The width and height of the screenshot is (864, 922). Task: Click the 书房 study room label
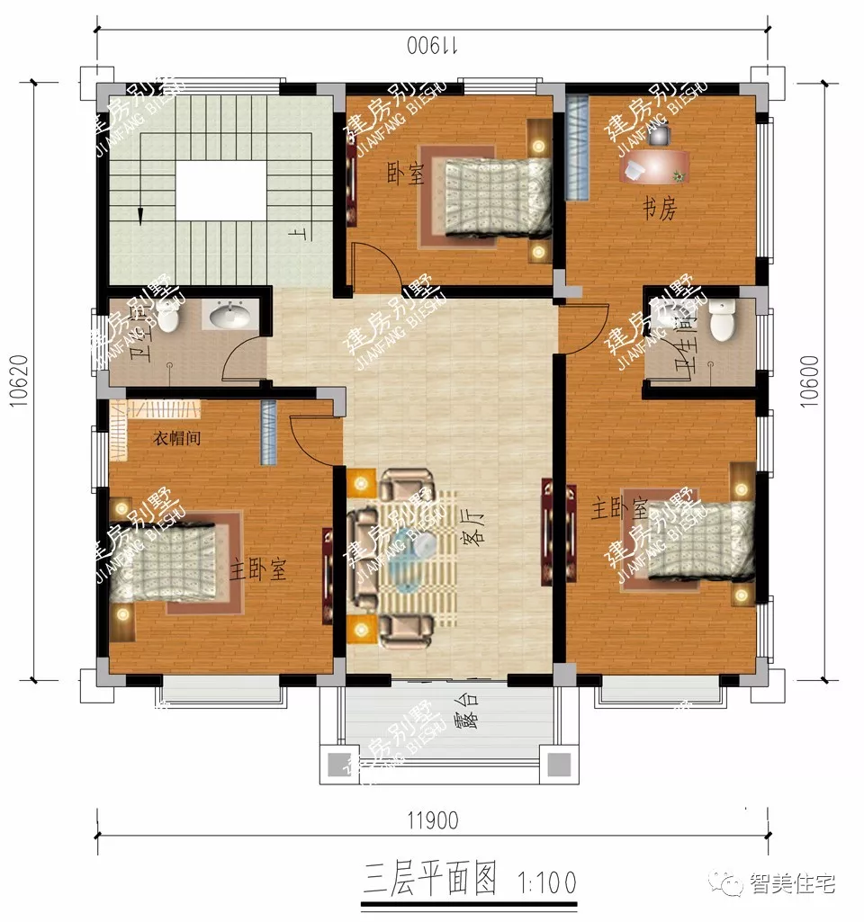point(659,210)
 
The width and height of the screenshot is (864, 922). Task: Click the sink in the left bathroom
point(232,316)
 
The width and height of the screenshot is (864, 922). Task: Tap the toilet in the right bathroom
point(722,322)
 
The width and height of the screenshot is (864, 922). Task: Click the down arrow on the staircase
point(141,214)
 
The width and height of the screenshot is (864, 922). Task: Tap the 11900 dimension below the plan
point(432,820)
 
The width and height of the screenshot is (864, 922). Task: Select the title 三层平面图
point(431,878)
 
